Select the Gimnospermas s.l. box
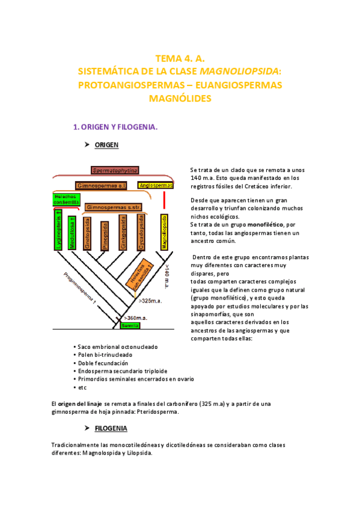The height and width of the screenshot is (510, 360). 101,186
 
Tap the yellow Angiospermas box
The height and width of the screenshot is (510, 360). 155,186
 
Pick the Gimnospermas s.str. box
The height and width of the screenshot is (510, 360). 114,207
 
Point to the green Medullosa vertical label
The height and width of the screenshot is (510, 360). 72,233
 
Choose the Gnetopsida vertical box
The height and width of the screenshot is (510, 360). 87,233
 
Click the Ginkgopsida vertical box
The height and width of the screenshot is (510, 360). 123,233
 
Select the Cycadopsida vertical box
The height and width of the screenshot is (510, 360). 141,233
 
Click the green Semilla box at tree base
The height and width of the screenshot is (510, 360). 129,325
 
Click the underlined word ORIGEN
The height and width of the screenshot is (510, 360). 106,146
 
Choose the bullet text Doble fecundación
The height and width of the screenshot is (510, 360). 103,363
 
